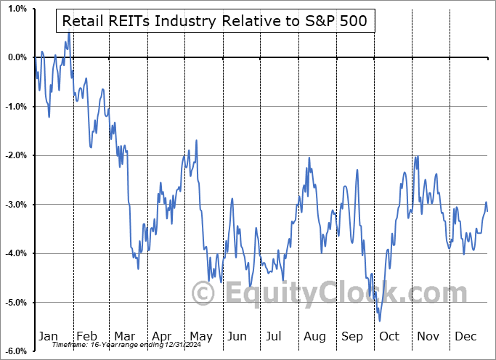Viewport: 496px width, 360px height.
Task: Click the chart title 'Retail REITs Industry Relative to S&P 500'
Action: tap(215, 22)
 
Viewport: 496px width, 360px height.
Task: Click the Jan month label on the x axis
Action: tap(48, 336)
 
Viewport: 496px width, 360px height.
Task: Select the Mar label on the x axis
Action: tap(124, 336)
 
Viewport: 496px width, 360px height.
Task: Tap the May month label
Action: tap(200, 336)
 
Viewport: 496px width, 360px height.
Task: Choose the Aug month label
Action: tap(315, 336)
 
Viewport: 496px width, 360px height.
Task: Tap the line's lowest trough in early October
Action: tap(379, 320)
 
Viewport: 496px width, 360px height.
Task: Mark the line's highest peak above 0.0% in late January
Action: tap(69, 33)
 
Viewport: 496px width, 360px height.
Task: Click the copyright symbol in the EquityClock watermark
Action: tap(203, 294)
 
